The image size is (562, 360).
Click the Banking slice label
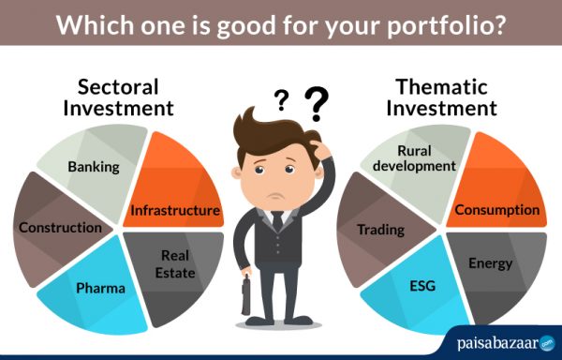(x=94, y=167)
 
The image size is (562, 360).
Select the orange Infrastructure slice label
(x=175, y=210)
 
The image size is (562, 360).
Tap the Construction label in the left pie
(x=60, y=227)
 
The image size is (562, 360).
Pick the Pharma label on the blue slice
(x=101, y=288)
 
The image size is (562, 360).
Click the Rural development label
(x=413, y=157)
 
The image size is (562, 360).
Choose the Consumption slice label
(x=497, y=210)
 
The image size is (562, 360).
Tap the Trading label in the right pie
(x=380, y=229)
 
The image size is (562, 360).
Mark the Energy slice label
(x=490, y=263)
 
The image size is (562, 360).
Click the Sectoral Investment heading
(x=118, y=97)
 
